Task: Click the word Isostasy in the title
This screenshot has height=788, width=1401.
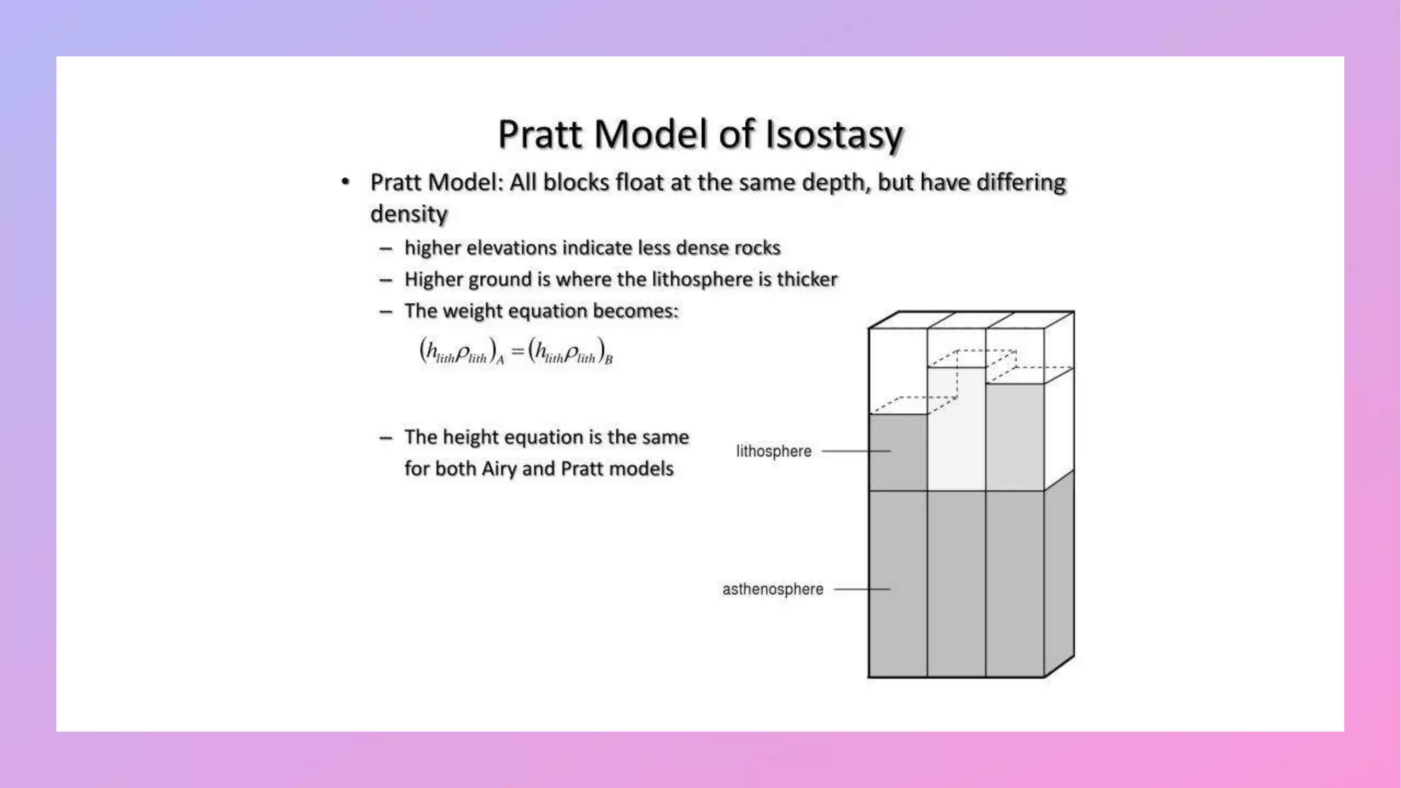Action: point(834,134)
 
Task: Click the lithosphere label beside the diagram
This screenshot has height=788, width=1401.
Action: point(774,451)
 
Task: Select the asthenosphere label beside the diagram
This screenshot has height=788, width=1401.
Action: point(772,589)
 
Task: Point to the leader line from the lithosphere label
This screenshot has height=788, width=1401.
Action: point(855,451)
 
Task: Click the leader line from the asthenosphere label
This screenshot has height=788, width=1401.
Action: point(861,589)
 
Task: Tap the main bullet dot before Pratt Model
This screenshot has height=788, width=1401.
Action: point(345,182)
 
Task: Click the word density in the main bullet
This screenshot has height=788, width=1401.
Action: point(408,214)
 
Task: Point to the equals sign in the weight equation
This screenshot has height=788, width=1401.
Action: point(517,352)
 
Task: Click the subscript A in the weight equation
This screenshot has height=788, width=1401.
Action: point(500,360)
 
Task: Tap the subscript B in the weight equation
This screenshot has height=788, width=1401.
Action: point(609,360)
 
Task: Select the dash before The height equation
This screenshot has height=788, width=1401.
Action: point(386,438)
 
